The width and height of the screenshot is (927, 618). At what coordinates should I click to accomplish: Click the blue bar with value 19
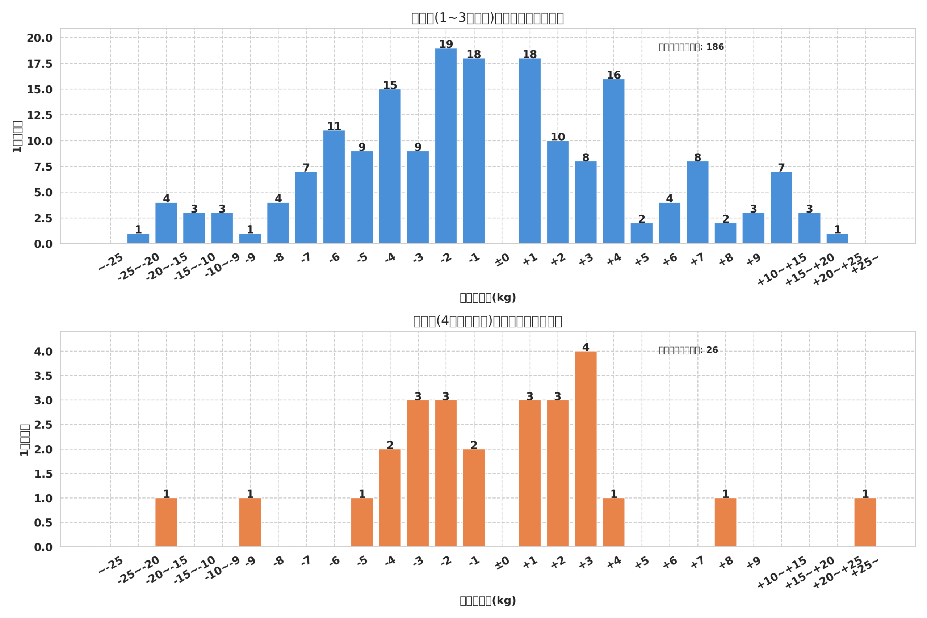pyautogui.click(x=446, y=146)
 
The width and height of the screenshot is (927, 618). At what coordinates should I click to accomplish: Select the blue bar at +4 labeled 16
pyautogui.click(x=613, y=161)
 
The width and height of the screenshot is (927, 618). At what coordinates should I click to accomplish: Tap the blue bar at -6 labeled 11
pyautogui.click(x=334, y=187)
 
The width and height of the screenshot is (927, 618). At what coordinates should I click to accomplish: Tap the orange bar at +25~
pyautogui.click(x=865, y=522)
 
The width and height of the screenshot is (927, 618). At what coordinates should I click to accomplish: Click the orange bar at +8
pyautogui.click(x=725, y=522)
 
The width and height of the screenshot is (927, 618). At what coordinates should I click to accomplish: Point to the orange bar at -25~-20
pyautogui.click(x=166, y=522)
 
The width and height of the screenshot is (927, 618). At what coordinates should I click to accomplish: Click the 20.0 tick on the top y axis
pyautogui.click(x=39, y=38)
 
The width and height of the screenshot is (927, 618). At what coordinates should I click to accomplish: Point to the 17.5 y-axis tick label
pyautogui.click(x=39, y=64)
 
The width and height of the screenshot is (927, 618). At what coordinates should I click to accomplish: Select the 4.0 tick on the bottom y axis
pyautogui.click(x=43, y=352)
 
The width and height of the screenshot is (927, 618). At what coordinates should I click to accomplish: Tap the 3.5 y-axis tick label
pyautogui.click(x=43, y=376)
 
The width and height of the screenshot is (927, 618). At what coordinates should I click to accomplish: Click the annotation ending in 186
pyautogui.click(x=691, y=47)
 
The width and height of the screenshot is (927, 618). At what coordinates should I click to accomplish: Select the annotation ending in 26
pyautogui.click(x=688, y=350)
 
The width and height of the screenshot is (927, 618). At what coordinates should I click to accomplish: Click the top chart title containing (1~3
pyautogui.click(x=487, y=18)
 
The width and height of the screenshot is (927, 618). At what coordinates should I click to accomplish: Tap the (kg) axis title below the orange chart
pyautogui.click(x=487, y=601)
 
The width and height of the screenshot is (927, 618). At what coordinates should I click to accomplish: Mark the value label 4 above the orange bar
pyautogui.click(x=585, y=347)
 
